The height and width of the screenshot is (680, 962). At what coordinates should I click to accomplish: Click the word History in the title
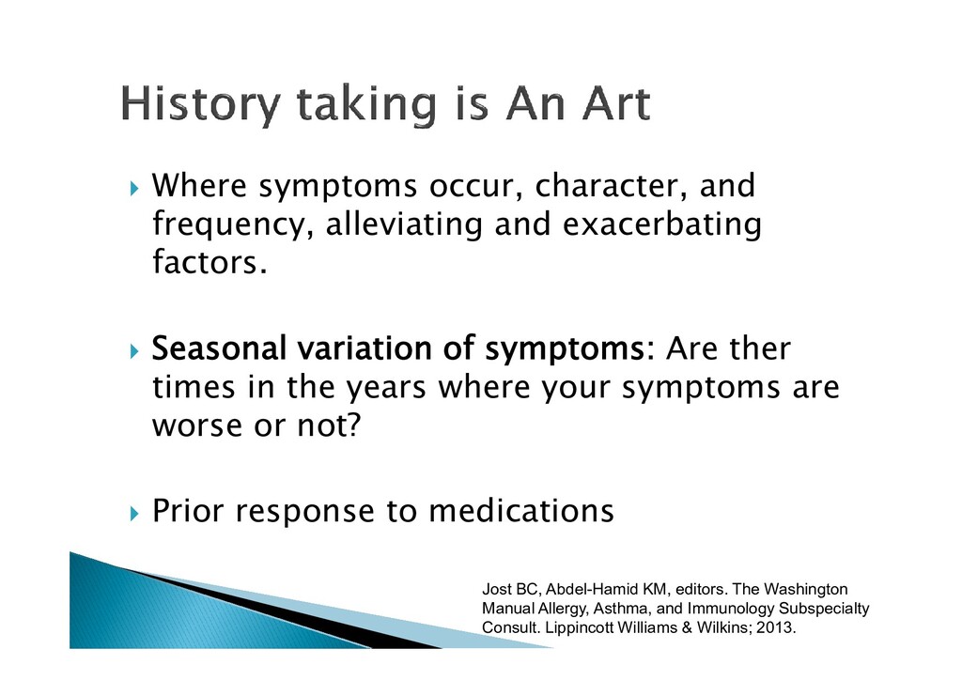(200, 104)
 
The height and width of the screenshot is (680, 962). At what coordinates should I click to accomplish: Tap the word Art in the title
(615, 103)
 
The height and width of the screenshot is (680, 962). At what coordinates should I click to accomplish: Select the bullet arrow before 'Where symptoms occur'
(135, 188)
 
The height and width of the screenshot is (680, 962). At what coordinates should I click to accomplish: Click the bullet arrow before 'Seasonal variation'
(135, 350)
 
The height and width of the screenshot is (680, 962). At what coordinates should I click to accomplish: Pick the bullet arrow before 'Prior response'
(135, 513)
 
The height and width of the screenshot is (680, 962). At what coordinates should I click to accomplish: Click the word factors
(209, 262)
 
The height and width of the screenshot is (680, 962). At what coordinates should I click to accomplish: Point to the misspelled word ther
(758, 348)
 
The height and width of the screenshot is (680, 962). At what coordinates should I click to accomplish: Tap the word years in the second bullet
(386, 389)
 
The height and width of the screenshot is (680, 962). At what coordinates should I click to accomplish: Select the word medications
(520, 511)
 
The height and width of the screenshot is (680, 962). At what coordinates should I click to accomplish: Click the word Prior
(188, 511)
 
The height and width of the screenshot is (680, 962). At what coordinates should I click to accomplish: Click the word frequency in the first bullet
(228, 225)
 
